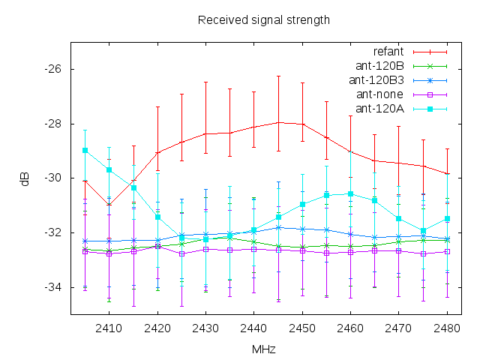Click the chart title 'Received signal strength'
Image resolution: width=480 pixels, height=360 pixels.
tap(263, 19)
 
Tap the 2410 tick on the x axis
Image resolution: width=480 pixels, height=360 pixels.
tap(109, 328)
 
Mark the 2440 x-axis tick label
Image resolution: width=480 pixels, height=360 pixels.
tap(253, 328)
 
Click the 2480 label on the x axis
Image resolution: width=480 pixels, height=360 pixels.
tap(446, 328)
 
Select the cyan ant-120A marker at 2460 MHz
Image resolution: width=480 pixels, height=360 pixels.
tap(350, 193)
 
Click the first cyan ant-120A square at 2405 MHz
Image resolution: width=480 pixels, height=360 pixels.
tap(85, 150)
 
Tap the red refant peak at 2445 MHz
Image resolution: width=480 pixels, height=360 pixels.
tap(278, 121)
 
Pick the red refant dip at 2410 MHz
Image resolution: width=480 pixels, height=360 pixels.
tap(109, 205)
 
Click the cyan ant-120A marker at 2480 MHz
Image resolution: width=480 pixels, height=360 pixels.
tap(447, 219)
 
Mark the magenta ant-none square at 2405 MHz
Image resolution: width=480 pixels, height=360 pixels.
tap(85, 251)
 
